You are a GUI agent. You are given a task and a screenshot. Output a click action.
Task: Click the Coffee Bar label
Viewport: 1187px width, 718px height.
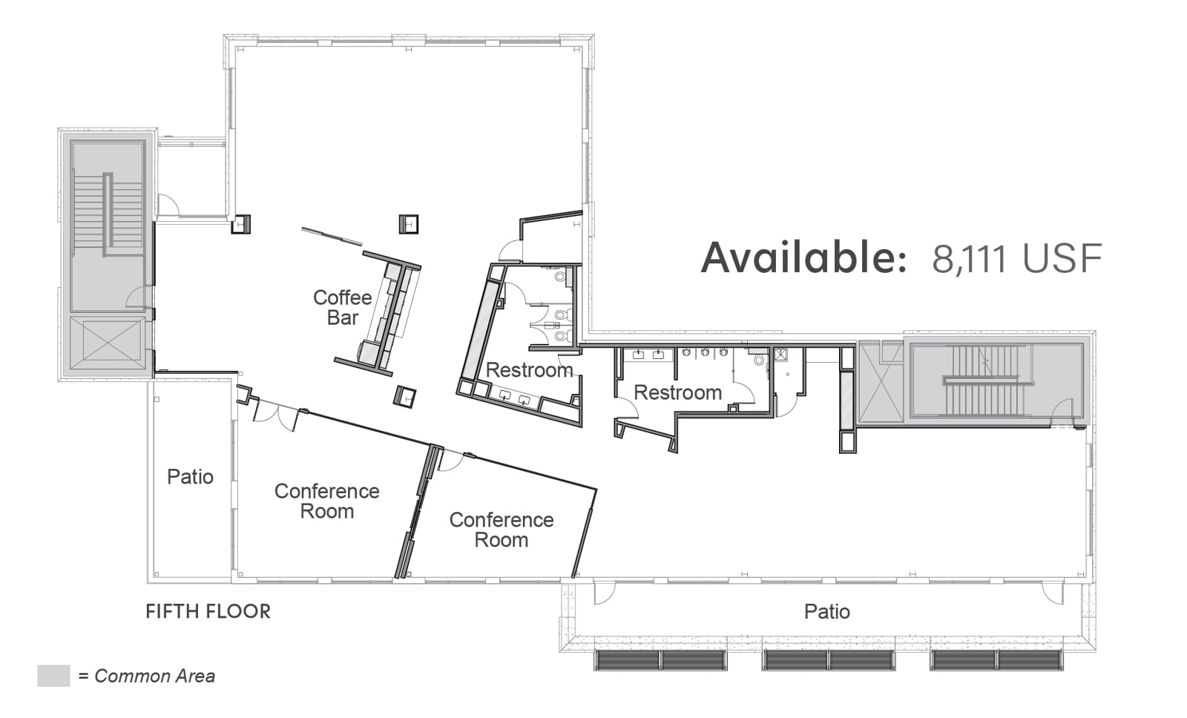[342, 307]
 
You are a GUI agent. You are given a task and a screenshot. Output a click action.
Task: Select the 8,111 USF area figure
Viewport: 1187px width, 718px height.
[1017, 258]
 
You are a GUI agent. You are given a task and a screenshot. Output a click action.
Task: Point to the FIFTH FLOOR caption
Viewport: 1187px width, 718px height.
[208, 611]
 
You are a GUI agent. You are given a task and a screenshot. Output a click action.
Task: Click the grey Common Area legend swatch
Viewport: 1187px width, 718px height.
[53, 676]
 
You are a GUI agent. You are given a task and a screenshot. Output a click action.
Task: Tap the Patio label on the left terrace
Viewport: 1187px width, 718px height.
[190, 477]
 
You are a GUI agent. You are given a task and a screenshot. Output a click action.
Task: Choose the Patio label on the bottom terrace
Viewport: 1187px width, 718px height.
[827, 612]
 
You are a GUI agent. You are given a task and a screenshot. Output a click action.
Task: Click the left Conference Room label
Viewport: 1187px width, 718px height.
[327, 501]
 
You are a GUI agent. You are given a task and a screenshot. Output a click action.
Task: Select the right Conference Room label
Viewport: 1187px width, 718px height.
[502, 530]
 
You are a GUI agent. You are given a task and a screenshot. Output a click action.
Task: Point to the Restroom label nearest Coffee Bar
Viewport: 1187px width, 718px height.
[530, 370]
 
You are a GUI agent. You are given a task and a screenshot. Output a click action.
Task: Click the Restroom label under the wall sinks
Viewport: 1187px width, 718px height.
[678, 392]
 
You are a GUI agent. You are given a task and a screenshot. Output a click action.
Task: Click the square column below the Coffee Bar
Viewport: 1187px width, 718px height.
[404, 396]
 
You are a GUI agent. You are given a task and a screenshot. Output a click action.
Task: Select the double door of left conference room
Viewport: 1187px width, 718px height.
[275, 416]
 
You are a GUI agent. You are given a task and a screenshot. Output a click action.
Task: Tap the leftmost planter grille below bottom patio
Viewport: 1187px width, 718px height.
[660, 660]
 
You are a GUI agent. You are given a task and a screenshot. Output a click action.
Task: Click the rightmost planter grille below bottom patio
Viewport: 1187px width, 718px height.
[996, 660]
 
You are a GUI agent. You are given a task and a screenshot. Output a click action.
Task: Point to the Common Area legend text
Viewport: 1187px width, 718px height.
[147, 676]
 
